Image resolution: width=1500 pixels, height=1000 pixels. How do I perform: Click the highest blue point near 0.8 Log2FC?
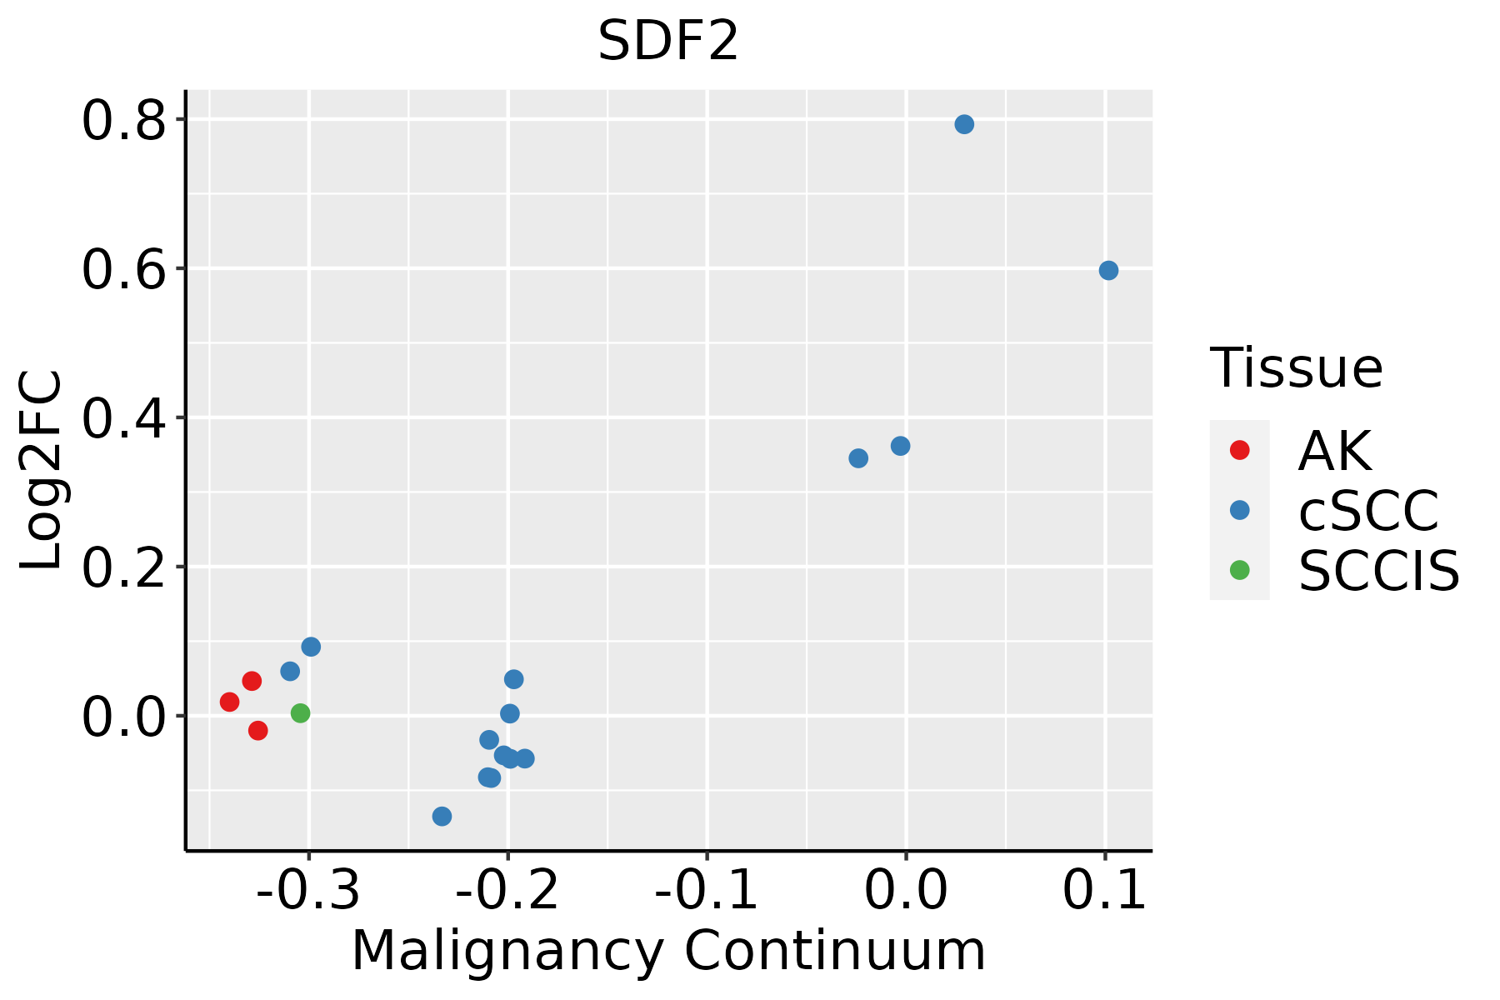point(964,125)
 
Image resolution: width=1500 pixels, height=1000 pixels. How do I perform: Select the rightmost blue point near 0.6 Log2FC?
point(1108,271)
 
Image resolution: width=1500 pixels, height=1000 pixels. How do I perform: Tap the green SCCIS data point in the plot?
point(301,713)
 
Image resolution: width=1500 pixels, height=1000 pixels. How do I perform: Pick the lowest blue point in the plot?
point(442,816)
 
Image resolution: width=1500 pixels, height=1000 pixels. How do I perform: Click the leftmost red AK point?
point(230,702)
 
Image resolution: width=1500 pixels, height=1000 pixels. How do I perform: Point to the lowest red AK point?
point(258,731)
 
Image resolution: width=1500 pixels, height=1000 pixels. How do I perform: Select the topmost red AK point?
point(252,681)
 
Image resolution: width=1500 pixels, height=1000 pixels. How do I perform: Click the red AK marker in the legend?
point(1240,450)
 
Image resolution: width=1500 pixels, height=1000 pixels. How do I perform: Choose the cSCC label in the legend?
point(1368,511)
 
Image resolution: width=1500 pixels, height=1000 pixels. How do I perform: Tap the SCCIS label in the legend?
point(1379,572)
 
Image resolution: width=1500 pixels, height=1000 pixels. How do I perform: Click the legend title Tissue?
point(1296,367)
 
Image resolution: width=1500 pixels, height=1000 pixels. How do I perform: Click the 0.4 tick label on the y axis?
point(123,418)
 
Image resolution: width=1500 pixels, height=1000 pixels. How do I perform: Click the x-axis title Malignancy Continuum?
point(668,952)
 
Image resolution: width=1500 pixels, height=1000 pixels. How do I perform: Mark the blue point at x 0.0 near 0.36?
point(900,447)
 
